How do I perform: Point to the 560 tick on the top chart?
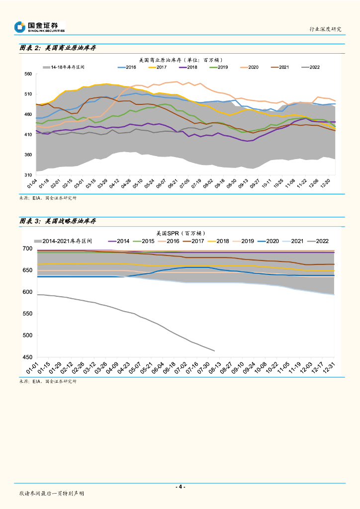28,74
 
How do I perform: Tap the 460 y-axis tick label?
28,115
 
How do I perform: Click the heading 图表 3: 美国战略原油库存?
57,221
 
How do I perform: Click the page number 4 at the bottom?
181,487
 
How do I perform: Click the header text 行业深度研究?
325,29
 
